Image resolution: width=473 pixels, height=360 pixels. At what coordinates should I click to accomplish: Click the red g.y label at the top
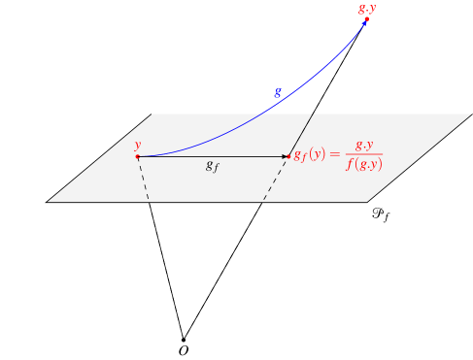point(367,8)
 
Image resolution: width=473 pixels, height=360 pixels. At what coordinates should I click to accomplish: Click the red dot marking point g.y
point(366,19)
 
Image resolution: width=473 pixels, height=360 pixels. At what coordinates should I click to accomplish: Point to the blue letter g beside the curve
point(278,91)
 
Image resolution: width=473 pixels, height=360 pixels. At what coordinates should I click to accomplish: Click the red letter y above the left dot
point(138,146)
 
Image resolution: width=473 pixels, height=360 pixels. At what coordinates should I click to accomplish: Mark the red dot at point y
point(137,156)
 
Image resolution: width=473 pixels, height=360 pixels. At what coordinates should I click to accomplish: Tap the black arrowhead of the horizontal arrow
point(286,156)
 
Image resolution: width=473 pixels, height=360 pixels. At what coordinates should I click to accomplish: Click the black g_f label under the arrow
point(212,167)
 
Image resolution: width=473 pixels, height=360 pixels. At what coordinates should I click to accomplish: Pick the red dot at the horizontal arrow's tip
point(289,156)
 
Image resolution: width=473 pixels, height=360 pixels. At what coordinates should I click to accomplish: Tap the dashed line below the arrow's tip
point(276,180)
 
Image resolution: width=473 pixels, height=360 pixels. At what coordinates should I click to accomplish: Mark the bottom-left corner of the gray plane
point(49,201)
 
